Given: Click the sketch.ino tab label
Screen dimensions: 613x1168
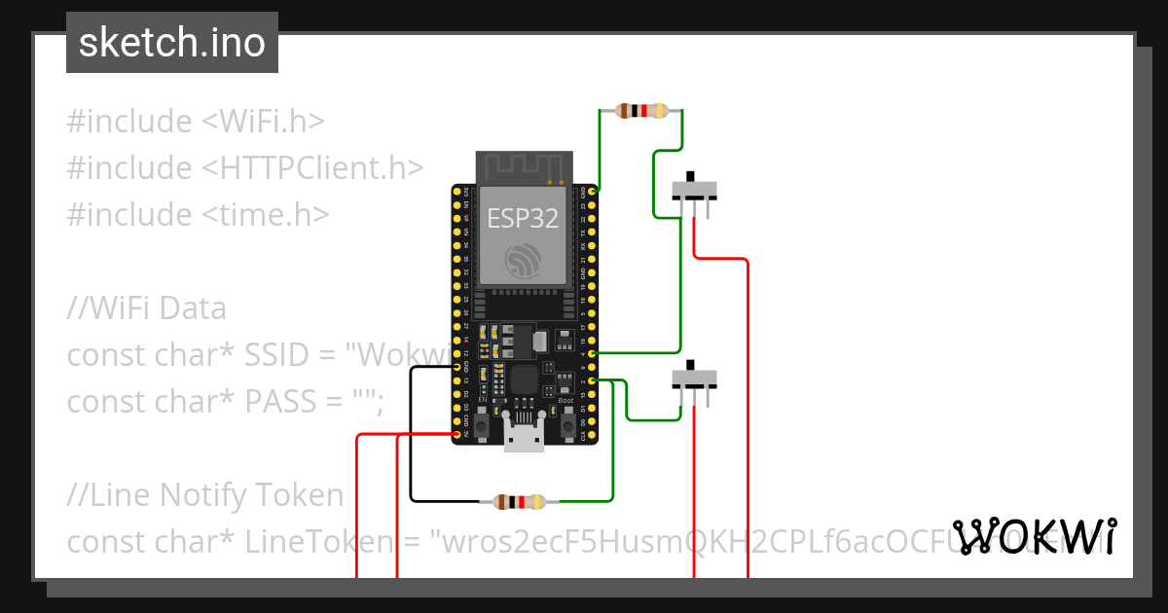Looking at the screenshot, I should coord(172,43).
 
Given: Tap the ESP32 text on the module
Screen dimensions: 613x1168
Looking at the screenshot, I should coord(523,219).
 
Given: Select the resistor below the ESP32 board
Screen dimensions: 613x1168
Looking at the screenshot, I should coord(519,502).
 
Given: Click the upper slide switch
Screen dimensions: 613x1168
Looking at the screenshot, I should coord(696,190).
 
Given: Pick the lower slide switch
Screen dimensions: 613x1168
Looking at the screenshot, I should coord(696,379).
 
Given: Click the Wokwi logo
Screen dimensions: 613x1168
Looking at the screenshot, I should coord(1035,536).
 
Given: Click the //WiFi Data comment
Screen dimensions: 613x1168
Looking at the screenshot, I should coord(146,308).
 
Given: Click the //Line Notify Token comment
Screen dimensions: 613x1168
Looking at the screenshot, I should coord(204,495).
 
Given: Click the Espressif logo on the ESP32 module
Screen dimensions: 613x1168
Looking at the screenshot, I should coord(523,261).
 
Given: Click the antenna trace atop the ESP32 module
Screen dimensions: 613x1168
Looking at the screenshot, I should coord(523,166).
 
